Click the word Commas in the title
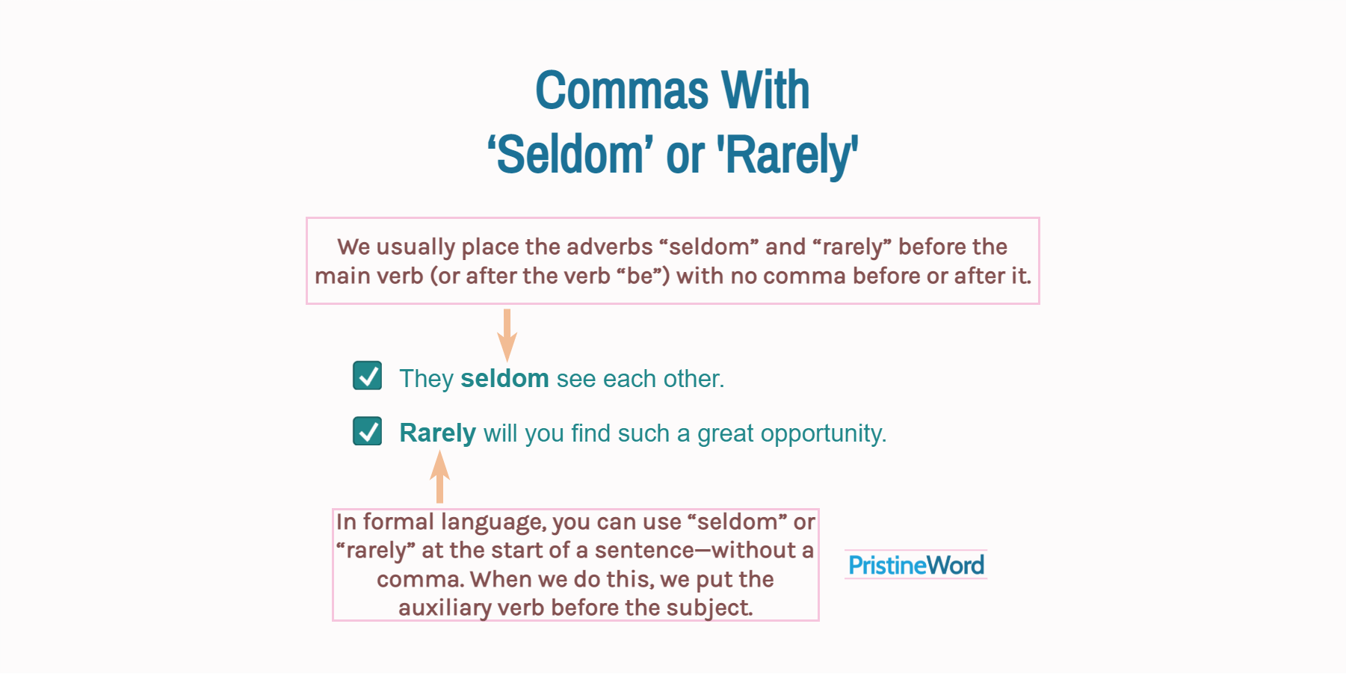pyautogui.click(x=622, y=90)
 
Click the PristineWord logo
pyautogui.click(x=916, y=565)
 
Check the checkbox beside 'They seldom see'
pyautogui.click(x=367, y=376)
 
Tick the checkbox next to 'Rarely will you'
pyautogui.click(x=367, y=431)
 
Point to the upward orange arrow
pyautogui.click(x=439, y=477)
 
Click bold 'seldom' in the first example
pyautogui.click(x=504, y=379)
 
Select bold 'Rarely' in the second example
pyautogui.click(x=437, y=433)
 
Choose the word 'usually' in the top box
pyautogui.click(x=416, y=247)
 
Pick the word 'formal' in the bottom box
pyautogui.click(x=398, y=522)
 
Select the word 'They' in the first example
pyautogui.click(x=426, y=379)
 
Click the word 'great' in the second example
pyautogui.click(x=725, y=434)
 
